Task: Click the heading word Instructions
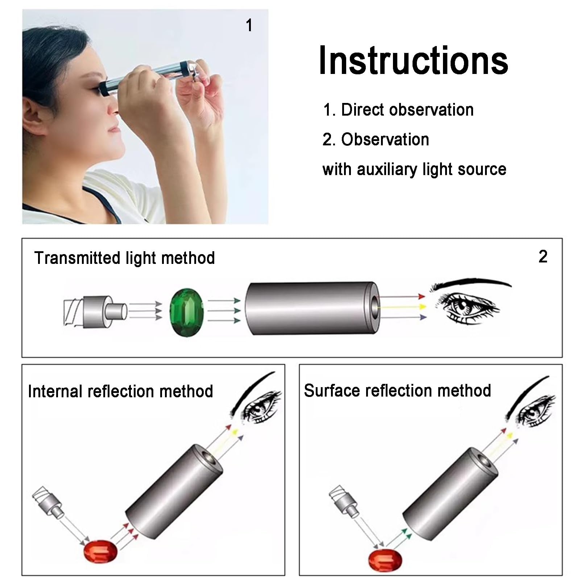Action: point(413,61)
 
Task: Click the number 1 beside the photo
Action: point(249,26)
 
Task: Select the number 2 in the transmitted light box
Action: point(543,257)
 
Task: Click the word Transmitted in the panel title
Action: point(78,258)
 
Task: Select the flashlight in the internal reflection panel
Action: point(49,502)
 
